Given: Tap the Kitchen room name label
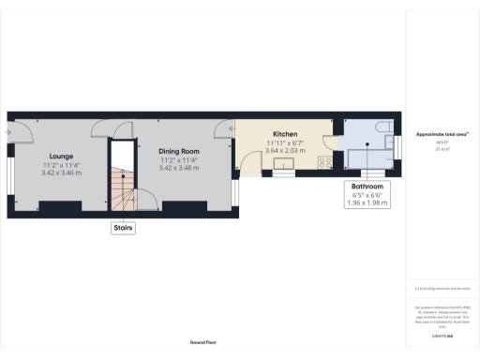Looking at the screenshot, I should pos(285,134).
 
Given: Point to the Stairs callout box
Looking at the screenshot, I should pos(123,227).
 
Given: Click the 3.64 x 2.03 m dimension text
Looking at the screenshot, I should pos(285,151).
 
